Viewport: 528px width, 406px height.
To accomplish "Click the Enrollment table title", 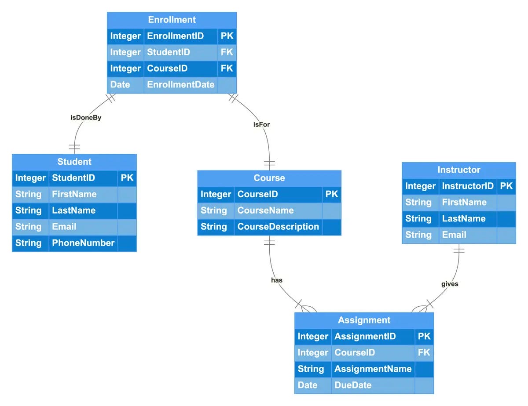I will (172, 20).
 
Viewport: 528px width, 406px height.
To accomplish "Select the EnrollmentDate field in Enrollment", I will (180, 85).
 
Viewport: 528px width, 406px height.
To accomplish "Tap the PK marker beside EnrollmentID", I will (227, 36).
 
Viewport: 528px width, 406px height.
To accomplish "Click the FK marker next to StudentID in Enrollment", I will (227, 52).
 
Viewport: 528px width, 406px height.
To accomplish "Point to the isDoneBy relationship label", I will (86, 118).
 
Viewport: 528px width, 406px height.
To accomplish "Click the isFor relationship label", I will (261, 124).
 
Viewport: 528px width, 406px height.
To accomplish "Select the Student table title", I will (74, 162).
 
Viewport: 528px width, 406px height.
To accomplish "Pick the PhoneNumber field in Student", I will (83, 243).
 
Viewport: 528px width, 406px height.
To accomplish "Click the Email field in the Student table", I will (64, 227).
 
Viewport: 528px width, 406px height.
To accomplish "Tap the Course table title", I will (269, 178).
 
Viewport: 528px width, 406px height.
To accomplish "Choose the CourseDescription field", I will (278, 227).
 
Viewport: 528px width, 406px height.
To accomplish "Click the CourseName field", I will (265, 210).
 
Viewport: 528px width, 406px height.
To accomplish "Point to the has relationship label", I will (277, 280).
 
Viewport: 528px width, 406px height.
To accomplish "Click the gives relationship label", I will (450, 284).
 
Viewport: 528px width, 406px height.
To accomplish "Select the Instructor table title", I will (459, 170).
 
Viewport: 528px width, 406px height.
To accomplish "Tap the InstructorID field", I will (468, 186).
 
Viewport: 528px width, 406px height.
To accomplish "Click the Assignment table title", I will (364, 320).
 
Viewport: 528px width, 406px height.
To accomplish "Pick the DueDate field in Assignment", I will (353, 385).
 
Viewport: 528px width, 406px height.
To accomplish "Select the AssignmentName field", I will (373, 369).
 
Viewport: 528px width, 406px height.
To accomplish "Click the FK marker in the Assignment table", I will (424, 353).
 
